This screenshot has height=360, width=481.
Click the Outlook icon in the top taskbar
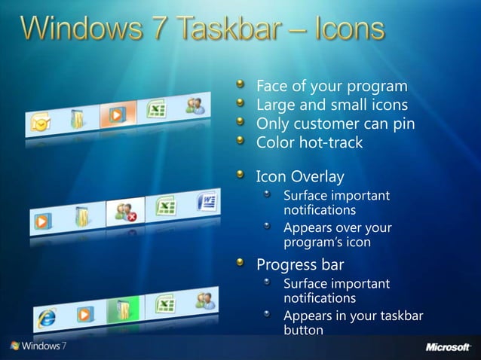(x=40, y=120)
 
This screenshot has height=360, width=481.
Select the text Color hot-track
(x=309, y=142)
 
